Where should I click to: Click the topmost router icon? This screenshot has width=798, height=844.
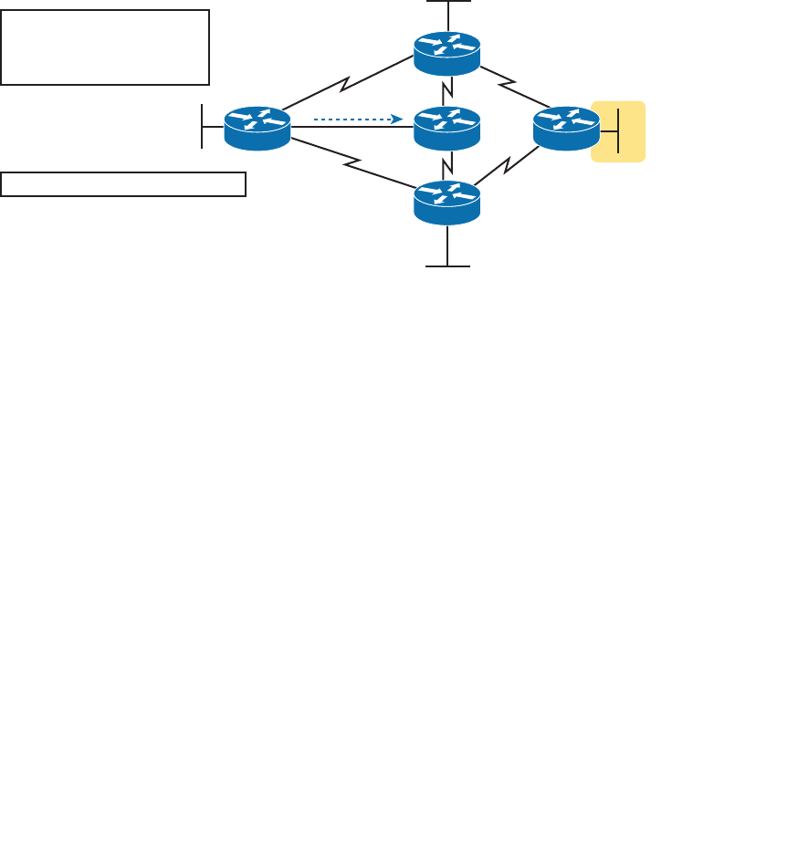pos(446,54)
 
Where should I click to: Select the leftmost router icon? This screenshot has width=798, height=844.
pos(257,128)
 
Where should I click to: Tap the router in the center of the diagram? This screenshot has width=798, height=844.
pos(446,129)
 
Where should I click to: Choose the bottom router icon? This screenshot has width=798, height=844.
pos(446,203)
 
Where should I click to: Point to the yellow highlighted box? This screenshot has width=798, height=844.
pos(618,131)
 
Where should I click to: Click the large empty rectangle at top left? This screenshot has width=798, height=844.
pos(105,47)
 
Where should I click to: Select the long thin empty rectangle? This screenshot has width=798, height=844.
pos(123,183)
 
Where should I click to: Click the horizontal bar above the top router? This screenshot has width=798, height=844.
pos(448,2)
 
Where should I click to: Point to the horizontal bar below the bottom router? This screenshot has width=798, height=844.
pos(447,266)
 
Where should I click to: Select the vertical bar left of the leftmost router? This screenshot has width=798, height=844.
pos(202,126)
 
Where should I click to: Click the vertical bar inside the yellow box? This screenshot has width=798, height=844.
pos(618,130)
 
